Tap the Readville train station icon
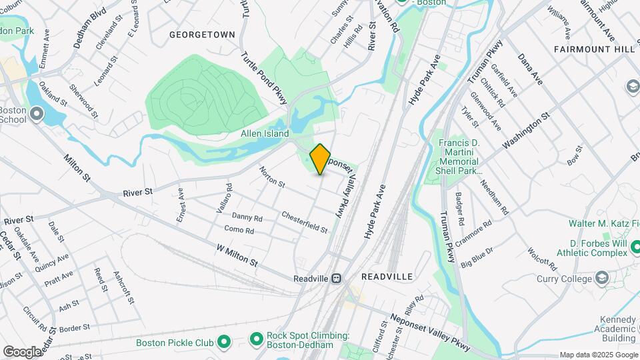[337, 277]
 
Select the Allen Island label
[265, 134]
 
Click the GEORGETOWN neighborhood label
[202, 34]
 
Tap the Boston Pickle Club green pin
[224, 343]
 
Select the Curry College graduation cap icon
[603, 277]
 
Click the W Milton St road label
[236, 255]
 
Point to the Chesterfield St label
[304, 222]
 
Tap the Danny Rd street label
[247, 217]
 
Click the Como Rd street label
[239, 231]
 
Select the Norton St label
[272, 176]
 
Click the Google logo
[22, 351]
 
